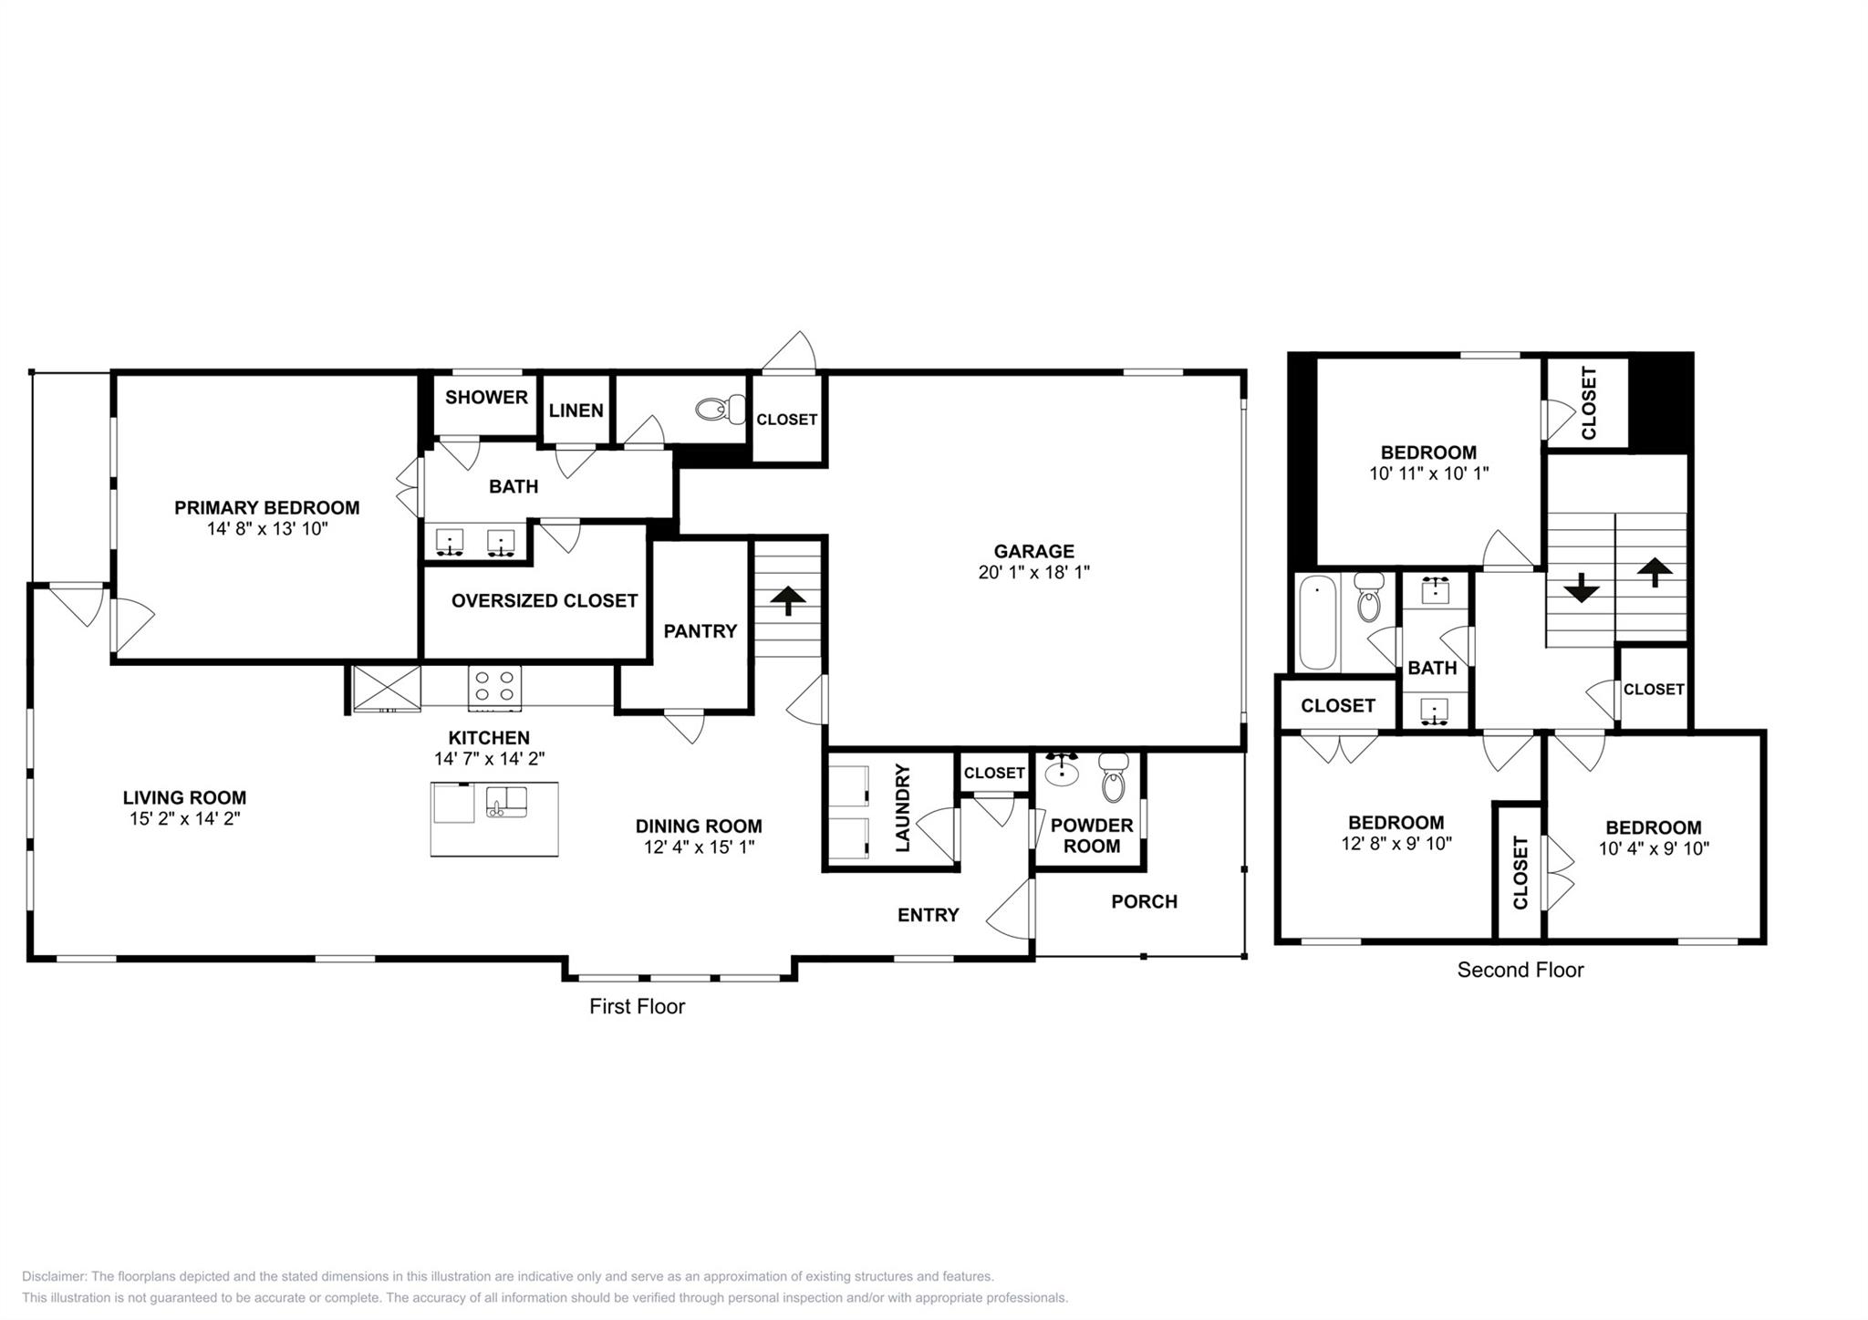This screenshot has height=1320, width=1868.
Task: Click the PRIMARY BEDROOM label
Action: [x=266, y=507]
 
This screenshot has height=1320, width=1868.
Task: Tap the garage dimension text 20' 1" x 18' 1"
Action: [x=1033, y=572]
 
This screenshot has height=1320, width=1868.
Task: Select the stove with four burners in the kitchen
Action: [x=494, y=687]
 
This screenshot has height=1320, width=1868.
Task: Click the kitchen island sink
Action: [x=506, y=802]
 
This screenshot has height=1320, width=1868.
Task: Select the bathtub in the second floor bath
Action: [x=1317, y=622]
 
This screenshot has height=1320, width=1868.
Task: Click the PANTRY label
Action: [x=700, y=630]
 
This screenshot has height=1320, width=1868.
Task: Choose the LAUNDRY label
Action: [x=903, y=809]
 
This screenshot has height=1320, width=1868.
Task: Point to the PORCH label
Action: [x=1144, y=901]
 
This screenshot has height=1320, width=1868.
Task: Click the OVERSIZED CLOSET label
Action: [x=544, y=600]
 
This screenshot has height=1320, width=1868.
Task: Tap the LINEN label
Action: [x=576, y=411]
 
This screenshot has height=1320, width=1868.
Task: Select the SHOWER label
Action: [x=486, y=397]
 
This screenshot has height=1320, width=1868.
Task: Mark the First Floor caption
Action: [x=637, y=1006]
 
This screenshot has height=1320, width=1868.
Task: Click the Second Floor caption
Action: [x=1520, y=970]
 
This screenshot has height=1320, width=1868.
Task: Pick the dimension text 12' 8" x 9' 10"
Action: [x=1396, y=844]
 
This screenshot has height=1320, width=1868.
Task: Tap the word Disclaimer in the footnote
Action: [x=54, y=1276]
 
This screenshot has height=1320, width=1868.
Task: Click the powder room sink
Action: [x=1061, y=772]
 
